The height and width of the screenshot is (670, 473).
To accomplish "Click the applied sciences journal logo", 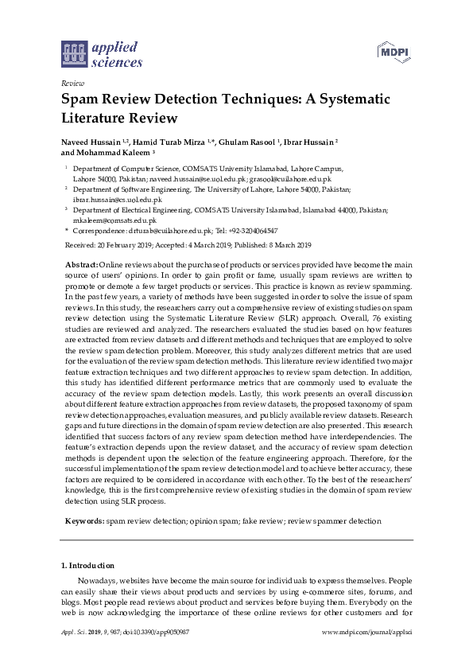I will pyautogui.click(x=102, y=53).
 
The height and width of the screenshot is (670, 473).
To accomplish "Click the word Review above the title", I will pyautogui.click(x=72, y=82).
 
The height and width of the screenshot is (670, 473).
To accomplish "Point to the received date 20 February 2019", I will pyautogui.click(x=126, y=244).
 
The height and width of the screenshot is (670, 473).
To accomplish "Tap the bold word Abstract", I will pyautogui.click(x=80, y=263).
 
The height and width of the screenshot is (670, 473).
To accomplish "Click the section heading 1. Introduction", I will pyautogui.click(x=88, y=566).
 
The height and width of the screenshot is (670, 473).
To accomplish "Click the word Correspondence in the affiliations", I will pyautogui.click(x=100, y=230).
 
